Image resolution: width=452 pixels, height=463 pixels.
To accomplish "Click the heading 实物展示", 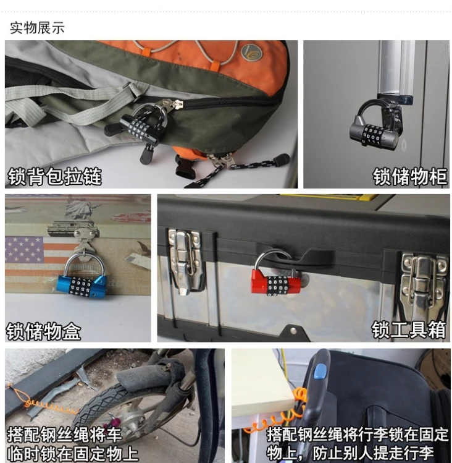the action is coord(37,28).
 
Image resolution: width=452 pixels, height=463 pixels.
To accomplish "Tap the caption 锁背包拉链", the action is coord(55,177).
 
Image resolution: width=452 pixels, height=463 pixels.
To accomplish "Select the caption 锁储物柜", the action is coord(410,177).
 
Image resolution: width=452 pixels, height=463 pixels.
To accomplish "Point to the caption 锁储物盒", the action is coord(43,331).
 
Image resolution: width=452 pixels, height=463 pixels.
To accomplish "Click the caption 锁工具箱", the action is coord(409,329).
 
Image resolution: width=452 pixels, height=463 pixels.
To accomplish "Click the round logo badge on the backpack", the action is coord(251,53).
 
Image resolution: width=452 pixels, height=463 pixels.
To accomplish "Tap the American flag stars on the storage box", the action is coord(25,250).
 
